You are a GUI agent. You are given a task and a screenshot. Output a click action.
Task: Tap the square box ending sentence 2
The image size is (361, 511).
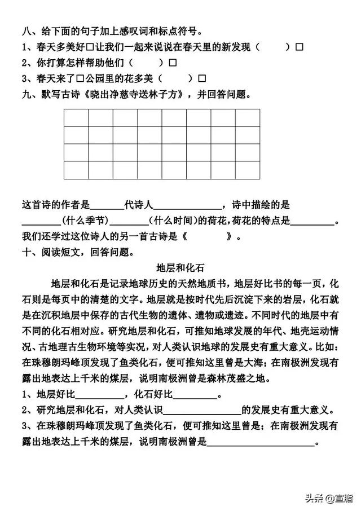point(173,62)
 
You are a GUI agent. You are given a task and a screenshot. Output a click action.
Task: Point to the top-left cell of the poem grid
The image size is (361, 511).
point(76,117)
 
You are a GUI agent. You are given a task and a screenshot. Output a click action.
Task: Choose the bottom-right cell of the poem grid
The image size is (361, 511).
point(248,170)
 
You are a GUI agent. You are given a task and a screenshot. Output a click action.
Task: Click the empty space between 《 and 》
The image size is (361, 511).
point(207,236)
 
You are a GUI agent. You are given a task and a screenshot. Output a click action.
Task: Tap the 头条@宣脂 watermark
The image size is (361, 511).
point(328,497)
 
